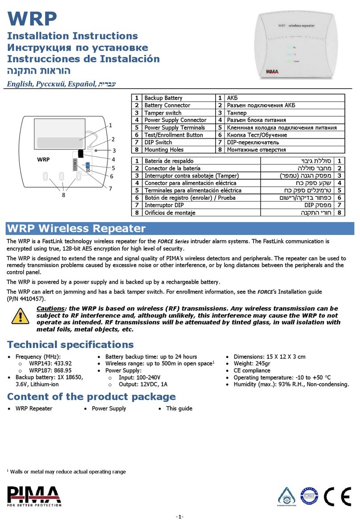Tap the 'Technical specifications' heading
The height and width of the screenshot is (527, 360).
(x=70, y=344)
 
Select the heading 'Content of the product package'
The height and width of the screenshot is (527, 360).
(x=91, y=396)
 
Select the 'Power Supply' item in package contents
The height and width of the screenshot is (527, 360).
(x=109, y=408)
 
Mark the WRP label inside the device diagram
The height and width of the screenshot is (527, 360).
(x=44, y=159)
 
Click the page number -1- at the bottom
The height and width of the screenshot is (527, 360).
(x=180, y=517)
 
